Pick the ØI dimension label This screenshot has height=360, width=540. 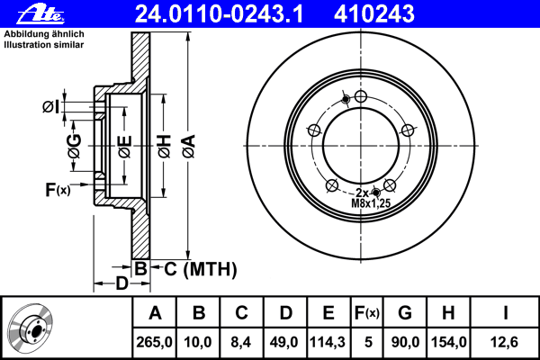pyautogui.click(x=51, y=107)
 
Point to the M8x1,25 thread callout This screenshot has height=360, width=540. pyautogui.click(x=371, y=204)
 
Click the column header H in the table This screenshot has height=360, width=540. pyautogui.click(x=448, y=313)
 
